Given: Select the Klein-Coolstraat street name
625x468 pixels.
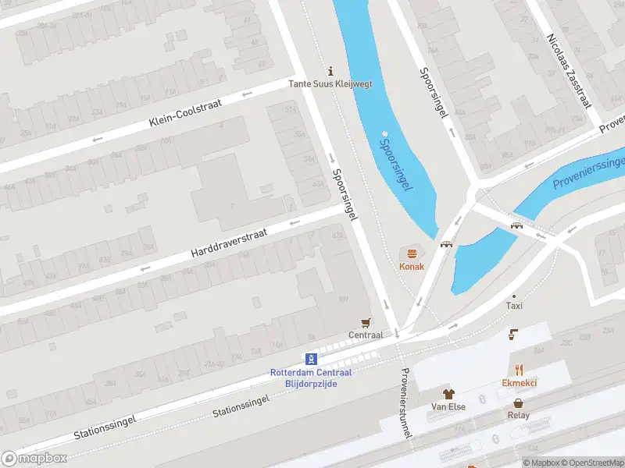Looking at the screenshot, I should pos(185,112).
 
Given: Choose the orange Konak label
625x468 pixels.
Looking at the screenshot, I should pos(412,266).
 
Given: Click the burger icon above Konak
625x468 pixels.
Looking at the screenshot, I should pos(412,253).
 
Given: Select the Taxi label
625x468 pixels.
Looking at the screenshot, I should pos(514,306).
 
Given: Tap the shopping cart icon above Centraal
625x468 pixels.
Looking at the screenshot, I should pos(365,321).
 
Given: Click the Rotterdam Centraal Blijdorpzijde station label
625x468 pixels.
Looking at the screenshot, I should pos(312,378).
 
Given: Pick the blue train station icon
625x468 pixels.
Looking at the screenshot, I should pos(312,359).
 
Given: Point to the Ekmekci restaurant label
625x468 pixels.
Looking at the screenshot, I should pos(519,383).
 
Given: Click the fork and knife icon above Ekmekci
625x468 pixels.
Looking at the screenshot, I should pos(519,369).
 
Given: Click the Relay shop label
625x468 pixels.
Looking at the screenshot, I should pos(518,415).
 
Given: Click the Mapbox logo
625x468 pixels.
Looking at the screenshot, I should pos(34,459).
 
